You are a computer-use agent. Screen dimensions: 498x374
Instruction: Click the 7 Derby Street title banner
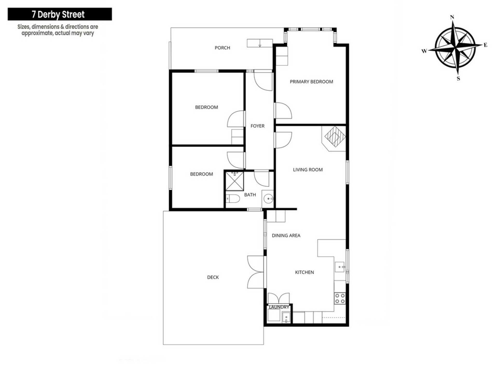point(60,14)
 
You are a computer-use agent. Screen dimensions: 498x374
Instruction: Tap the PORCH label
point(222,48)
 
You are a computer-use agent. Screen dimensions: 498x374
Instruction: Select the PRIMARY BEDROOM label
point(311,82)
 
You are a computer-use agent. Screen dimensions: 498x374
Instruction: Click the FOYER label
point(257,126)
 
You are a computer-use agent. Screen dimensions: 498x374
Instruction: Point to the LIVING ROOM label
point(308,170)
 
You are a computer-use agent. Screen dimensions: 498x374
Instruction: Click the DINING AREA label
point(286,236)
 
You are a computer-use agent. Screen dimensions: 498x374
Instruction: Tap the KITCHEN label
point(304,272)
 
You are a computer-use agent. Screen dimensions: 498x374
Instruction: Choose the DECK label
point(213,277)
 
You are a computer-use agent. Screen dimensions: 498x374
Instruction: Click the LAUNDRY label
point(279,307)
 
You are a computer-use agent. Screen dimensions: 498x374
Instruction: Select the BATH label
point(250,195)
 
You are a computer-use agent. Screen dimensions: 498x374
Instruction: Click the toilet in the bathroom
point(233,199)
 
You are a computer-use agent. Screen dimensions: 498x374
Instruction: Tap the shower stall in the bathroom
point(234,181)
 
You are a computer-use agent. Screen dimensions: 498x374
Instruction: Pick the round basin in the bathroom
point(268,199)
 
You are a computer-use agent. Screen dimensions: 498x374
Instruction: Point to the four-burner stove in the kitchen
point(340,298)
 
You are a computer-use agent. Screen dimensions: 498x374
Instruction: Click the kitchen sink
point(340,267)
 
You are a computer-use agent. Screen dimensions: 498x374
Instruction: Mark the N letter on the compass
point(452,17)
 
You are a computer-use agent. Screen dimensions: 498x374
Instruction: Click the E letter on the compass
point(485,45)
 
